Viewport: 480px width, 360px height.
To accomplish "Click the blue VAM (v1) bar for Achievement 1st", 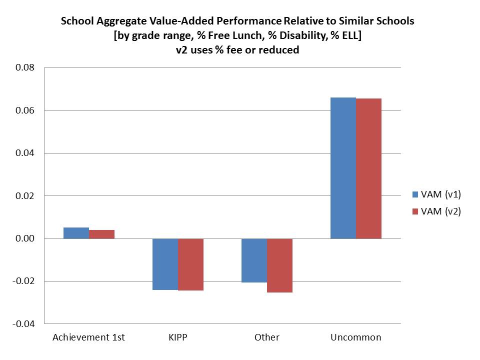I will (x=76, y=233).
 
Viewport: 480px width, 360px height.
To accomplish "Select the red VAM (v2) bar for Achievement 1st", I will (x=101, y=234).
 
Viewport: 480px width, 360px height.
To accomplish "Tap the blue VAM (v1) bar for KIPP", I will (x=165, y=264).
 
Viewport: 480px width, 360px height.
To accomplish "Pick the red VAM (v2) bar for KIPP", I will (x=190, y=264).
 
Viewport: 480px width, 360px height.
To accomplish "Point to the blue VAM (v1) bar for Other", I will (x=254, y=260).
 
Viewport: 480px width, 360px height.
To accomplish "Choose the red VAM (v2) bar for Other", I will (x=279, y=265).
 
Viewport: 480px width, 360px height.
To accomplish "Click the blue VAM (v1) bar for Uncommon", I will (x=343, y=168).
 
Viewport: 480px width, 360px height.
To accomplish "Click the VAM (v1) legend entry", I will (x=435, y=194).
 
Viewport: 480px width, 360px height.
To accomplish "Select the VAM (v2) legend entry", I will (x=435, y=211).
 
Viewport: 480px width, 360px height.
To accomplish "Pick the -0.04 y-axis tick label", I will (x=24, y=324).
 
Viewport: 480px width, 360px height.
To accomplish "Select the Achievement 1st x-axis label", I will (x=88, y=337).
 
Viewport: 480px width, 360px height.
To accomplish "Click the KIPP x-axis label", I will (x=177, y=337).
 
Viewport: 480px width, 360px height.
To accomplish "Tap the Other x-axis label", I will (x=266, y=337).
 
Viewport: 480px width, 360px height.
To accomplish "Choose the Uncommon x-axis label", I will (x=355, y=337).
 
